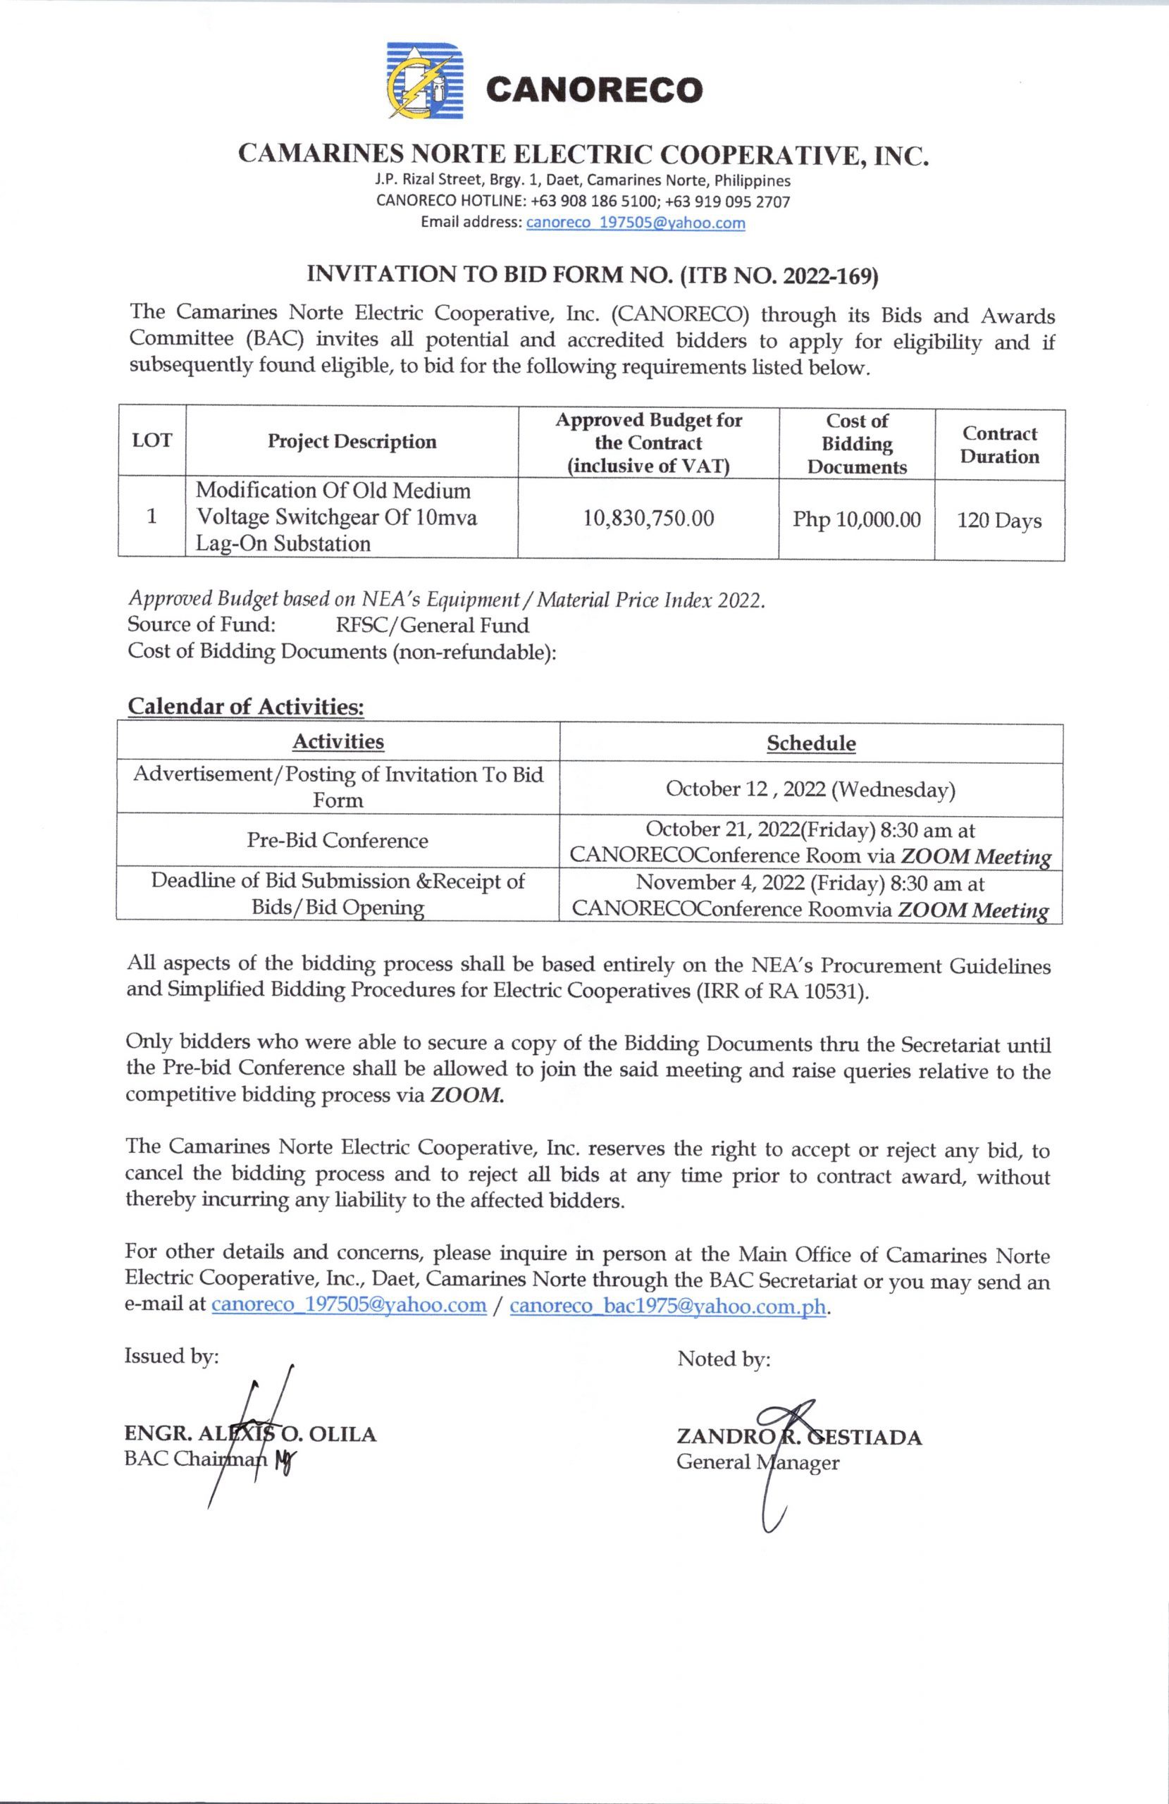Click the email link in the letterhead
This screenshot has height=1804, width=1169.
point(636,223)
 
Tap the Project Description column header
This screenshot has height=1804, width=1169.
point(352,442)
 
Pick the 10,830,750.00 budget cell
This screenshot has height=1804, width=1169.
point(648,519)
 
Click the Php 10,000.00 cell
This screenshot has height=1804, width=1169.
point(857,519)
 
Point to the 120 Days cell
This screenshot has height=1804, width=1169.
point(999,521)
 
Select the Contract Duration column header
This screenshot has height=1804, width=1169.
point(999,445)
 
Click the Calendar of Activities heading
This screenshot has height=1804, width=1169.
point(246,706)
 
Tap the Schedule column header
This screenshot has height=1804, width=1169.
point(811,743)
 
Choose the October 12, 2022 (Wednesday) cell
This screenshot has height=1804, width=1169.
point(810,790)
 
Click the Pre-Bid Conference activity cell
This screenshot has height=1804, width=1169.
point(338,841)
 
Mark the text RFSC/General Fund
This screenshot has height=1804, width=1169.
point(432,625)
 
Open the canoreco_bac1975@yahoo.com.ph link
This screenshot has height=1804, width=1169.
point(668,1305)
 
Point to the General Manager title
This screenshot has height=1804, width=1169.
point(757,1462)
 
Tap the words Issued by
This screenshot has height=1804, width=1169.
point(171,1356)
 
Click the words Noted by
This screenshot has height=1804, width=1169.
point(723,1359)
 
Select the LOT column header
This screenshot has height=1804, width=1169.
point(151,440)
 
